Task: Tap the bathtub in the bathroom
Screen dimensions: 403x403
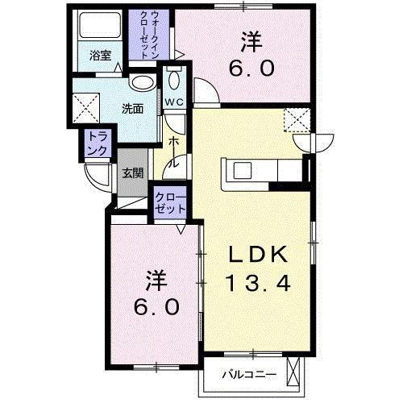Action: tap(97, 29)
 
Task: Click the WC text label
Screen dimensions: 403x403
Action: tap(175, 102)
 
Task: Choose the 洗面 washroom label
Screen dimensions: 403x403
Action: tap(132, 109)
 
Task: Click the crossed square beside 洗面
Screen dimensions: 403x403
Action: tap(85, 107)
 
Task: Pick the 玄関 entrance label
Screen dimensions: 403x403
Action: tap(133, 172)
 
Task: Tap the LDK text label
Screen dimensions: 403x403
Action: tap(256, 255)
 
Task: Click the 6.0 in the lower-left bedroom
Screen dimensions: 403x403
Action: tap(157, 308)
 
